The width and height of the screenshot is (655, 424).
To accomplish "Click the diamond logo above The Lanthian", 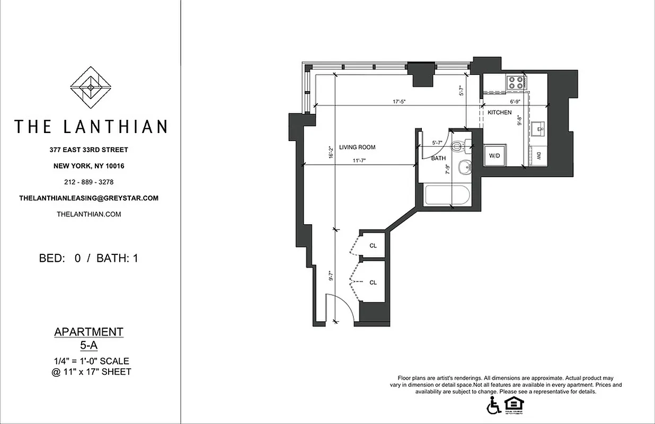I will click(91, 87).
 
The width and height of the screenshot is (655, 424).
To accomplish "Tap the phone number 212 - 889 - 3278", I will click(89, 182).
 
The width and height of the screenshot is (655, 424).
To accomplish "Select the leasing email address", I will click(88, 198).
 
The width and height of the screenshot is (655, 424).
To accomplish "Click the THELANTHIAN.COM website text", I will click(88, 214).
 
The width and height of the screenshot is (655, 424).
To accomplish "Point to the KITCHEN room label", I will click(499, 112).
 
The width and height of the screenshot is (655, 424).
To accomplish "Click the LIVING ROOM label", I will click(357, 147).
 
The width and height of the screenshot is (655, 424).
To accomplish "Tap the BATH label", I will click(438, 158).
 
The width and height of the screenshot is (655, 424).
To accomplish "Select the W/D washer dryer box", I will click(494, 156).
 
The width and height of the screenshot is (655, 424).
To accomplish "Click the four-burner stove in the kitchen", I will click(516, 82).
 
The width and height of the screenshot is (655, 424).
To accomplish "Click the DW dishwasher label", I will click(538, 155).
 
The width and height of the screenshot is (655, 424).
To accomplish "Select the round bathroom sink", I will click(464, 166).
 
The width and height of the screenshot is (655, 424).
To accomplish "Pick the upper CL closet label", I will click(373, 245).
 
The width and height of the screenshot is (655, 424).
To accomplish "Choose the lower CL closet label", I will click(373, 282).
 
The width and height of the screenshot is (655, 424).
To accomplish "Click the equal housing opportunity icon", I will click(511, 404).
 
